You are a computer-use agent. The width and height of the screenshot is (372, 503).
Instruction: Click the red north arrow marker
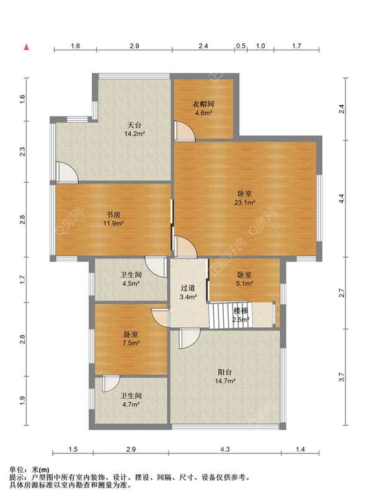(26, 47)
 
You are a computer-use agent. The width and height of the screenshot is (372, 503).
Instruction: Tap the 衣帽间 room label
(203, 104)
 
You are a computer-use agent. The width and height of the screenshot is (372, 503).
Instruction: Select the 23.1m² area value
(244, 203)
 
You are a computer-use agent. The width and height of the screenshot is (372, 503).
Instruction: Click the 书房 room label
(113, 214)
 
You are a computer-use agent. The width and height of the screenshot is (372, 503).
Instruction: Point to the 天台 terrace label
(134, 125)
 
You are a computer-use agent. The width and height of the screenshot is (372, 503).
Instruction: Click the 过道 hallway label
(188, 288)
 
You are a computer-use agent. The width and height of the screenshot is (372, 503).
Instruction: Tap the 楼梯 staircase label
(241, 311)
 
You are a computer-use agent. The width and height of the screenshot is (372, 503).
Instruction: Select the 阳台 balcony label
(224, 372)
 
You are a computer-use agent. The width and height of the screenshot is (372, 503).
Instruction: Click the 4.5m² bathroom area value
(131, 284)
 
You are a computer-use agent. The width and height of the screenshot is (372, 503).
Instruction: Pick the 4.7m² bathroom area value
(131, 405)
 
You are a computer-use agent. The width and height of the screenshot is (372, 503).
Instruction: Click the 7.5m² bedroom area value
(131, 343)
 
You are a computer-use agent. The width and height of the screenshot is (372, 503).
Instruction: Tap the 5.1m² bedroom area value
(244, 284)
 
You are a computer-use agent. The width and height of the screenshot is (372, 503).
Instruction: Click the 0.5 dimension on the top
(241, 46)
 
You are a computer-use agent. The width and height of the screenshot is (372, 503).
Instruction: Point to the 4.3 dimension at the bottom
(224, 449)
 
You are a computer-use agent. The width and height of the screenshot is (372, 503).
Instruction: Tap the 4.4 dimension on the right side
(342, 199)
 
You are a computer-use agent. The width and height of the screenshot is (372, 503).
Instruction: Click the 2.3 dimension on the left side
(22, 151)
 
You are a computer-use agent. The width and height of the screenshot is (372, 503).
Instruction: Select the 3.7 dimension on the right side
(342, 377)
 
